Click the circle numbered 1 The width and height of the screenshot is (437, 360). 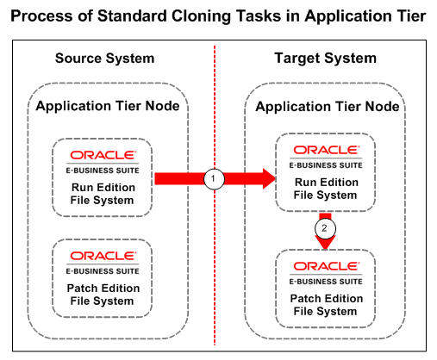[x=214, y=179]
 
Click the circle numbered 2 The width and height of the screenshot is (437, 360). [x=325, y=228]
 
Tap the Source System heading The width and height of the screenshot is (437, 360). [x=105, y=59]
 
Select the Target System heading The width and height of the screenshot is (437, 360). [x=325, y=59]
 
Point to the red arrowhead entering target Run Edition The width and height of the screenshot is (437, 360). [x=269, y=179]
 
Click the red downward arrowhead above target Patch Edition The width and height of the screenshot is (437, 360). [x=325, y=243]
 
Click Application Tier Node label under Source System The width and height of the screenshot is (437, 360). [x=108, y=106]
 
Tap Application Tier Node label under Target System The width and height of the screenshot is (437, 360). [x=328, y=107]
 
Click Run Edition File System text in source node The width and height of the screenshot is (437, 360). [x=103, y=194]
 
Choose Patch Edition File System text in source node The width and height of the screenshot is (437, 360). [x=103, y=295]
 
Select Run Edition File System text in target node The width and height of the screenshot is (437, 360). [x=326, y=189]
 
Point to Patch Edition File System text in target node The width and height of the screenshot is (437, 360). [x=326, y=305]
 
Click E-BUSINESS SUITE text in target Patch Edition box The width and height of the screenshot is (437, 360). [x=326, y=282]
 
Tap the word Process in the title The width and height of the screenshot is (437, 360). [x=41, y=16]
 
